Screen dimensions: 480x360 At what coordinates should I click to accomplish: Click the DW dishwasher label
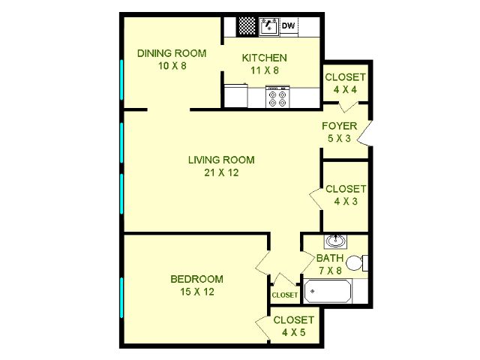point(288,25)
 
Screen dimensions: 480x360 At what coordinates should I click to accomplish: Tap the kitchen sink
point(269,27)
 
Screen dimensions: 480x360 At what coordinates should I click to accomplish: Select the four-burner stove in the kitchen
point(277,97)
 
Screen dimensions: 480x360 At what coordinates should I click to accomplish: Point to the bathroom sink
point(335,241)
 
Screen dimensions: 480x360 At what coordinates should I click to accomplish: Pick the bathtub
point(328,291)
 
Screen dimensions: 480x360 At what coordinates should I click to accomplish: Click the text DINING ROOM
point(172,53)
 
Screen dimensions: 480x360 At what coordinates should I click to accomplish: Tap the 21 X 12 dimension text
point(221,172)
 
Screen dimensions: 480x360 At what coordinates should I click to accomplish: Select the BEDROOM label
point(196,279)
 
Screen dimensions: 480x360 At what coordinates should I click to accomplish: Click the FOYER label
point(339,126)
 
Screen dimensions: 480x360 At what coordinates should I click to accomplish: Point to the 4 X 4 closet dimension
point(345,90)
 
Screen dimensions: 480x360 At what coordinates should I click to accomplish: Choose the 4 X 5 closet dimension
point(293,332)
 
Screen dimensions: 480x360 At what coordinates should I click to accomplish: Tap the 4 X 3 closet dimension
point(346,202)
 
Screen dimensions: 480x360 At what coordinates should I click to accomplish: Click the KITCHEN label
point(265,58)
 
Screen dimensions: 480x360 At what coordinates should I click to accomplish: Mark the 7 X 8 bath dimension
point(330,271)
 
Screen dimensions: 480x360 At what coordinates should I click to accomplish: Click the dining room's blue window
point(121,79)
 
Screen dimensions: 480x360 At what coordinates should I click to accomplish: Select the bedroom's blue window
point(121,298)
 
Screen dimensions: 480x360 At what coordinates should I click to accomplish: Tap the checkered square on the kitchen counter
point(247,26)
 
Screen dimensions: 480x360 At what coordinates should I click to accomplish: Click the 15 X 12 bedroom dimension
point(196,292)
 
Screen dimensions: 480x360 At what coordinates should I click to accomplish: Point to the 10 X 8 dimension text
point(172,66)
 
